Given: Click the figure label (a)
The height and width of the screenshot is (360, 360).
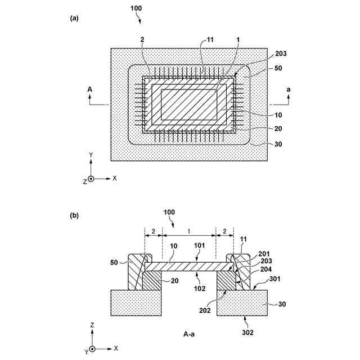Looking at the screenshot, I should coord(74,18).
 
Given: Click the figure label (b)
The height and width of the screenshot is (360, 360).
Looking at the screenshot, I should coord(74,215).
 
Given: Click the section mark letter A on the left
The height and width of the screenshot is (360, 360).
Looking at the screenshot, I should coord(89,89).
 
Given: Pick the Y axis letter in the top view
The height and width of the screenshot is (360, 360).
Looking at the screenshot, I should coord(91,154).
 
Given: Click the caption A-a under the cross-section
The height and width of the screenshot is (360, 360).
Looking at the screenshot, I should coord(190,334).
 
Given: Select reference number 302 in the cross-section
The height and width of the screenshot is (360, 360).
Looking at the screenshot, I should coord(247,333).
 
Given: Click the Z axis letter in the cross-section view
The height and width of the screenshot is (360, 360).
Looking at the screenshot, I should coord(92,325).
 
